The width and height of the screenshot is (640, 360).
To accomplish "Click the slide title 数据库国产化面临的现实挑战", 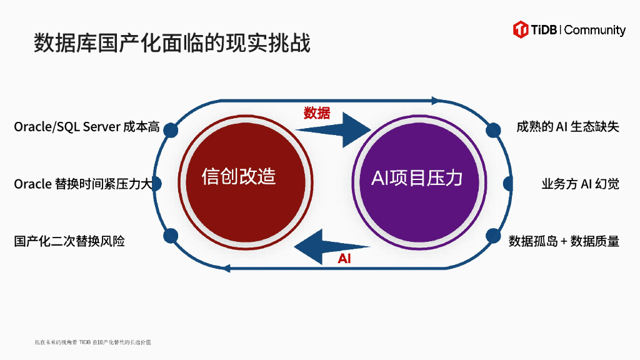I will coord(172,43).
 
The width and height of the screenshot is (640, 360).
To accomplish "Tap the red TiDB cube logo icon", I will coord(521,29).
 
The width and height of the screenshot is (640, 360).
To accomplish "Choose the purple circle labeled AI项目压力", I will coord(417,178).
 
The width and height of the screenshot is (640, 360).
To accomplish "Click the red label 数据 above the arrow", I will coord(317,113).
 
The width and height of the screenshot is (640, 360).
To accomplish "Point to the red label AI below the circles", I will coord(344,258).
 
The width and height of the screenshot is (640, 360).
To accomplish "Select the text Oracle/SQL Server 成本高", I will coord(87,127).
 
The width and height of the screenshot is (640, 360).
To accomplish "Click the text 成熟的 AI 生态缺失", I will coord(567,127).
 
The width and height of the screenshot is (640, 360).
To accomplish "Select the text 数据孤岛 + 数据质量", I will coord(564,241).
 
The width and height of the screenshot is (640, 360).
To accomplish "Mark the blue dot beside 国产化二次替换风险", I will coord(169,236).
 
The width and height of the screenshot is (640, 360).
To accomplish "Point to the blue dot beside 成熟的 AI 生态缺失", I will coord(493,129).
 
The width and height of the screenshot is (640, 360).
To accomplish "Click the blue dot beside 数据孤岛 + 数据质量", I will coord(493,236).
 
